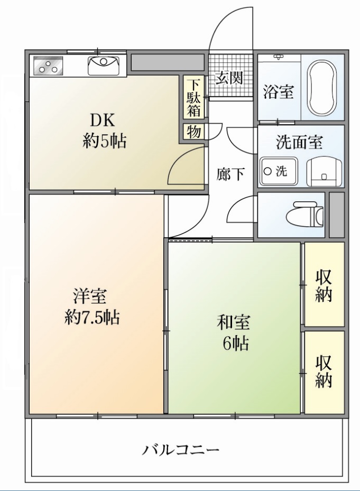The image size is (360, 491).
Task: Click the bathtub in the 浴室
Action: click(x=322, y=88)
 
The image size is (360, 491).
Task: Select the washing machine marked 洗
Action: click(x=278, y=171)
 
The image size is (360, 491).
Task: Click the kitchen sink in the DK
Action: click(x=104, y=66)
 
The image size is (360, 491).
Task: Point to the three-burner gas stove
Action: click(x=48, y=66)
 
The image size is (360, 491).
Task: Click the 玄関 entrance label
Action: click(x=229, y=78)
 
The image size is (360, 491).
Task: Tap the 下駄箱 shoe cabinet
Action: click(x=194, y=97)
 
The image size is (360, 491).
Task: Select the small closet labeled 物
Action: click(x=193, y=131)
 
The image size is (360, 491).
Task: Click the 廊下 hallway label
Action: click(x=230, y=174)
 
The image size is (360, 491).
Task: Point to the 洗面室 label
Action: click(x=300, y=142)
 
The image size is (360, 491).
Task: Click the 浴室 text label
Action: click(x=278, y=92)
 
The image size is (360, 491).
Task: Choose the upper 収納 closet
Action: click(x=324, y=285)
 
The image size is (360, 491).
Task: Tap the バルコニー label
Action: click(x=180, y=450)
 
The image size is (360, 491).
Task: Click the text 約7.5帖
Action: click(x=91, y=317)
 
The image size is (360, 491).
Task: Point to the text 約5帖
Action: click(x=104, y=141)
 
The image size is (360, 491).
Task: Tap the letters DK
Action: click(x=105, y=120)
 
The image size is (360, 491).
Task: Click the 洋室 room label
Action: click(x=91, y=295)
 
